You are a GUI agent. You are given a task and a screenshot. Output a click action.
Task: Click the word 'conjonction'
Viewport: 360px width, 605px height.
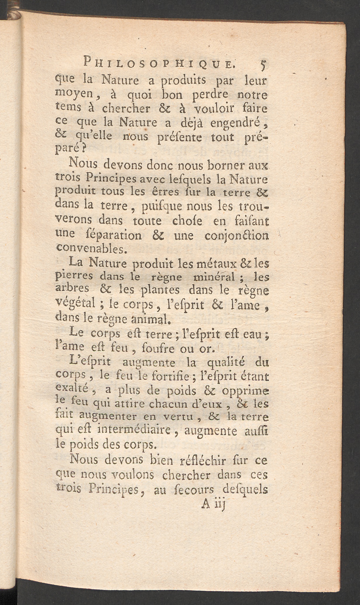pyautogui.click(x=236, y=235)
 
